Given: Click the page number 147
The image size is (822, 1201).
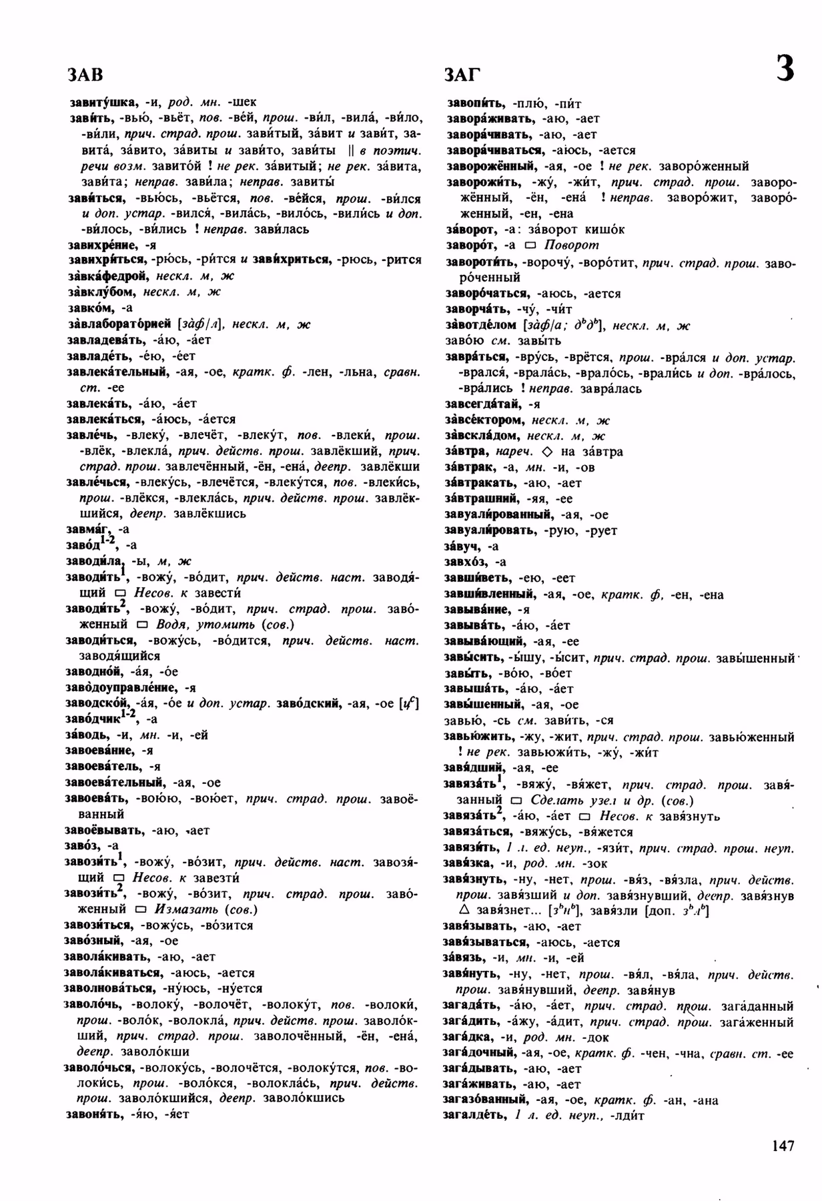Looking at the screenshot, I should [783, 1146].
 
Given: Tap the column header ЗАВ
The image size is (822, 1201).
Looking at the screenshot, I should [85, 74].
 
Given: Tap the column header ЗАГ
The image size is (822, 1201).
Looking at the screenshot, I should [462, 74].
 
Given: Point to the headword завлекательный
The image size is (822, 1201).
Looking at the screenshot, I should [117, 372].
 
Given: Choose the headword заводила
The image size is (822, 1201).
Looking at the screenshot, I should [95, 561].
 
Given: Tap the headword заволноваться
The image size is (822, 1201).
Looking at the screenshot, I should [109, 988].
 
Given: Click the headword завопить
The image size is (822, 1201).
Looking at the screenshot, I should [476, 103].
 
